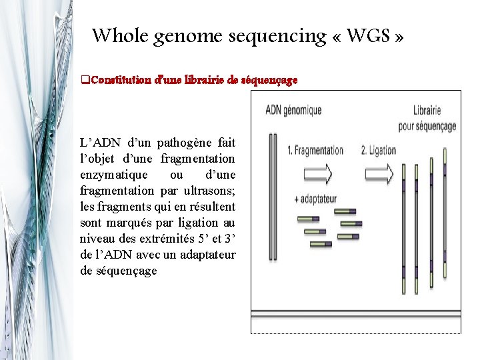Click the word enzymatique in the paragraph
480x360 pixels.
pos(109,175)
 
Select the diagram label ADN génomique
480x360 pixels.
pos(293,110)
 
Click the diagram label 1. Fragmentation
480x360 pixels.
pos(315,151)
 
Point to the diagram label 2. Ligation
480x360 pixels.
pos(379,151)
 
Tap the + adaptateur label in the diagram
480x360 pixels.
pos(317,199)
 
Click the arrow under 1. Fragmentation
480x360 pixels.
pos(316,174)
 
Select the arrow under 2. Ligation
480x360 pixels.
pos(379,174)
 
